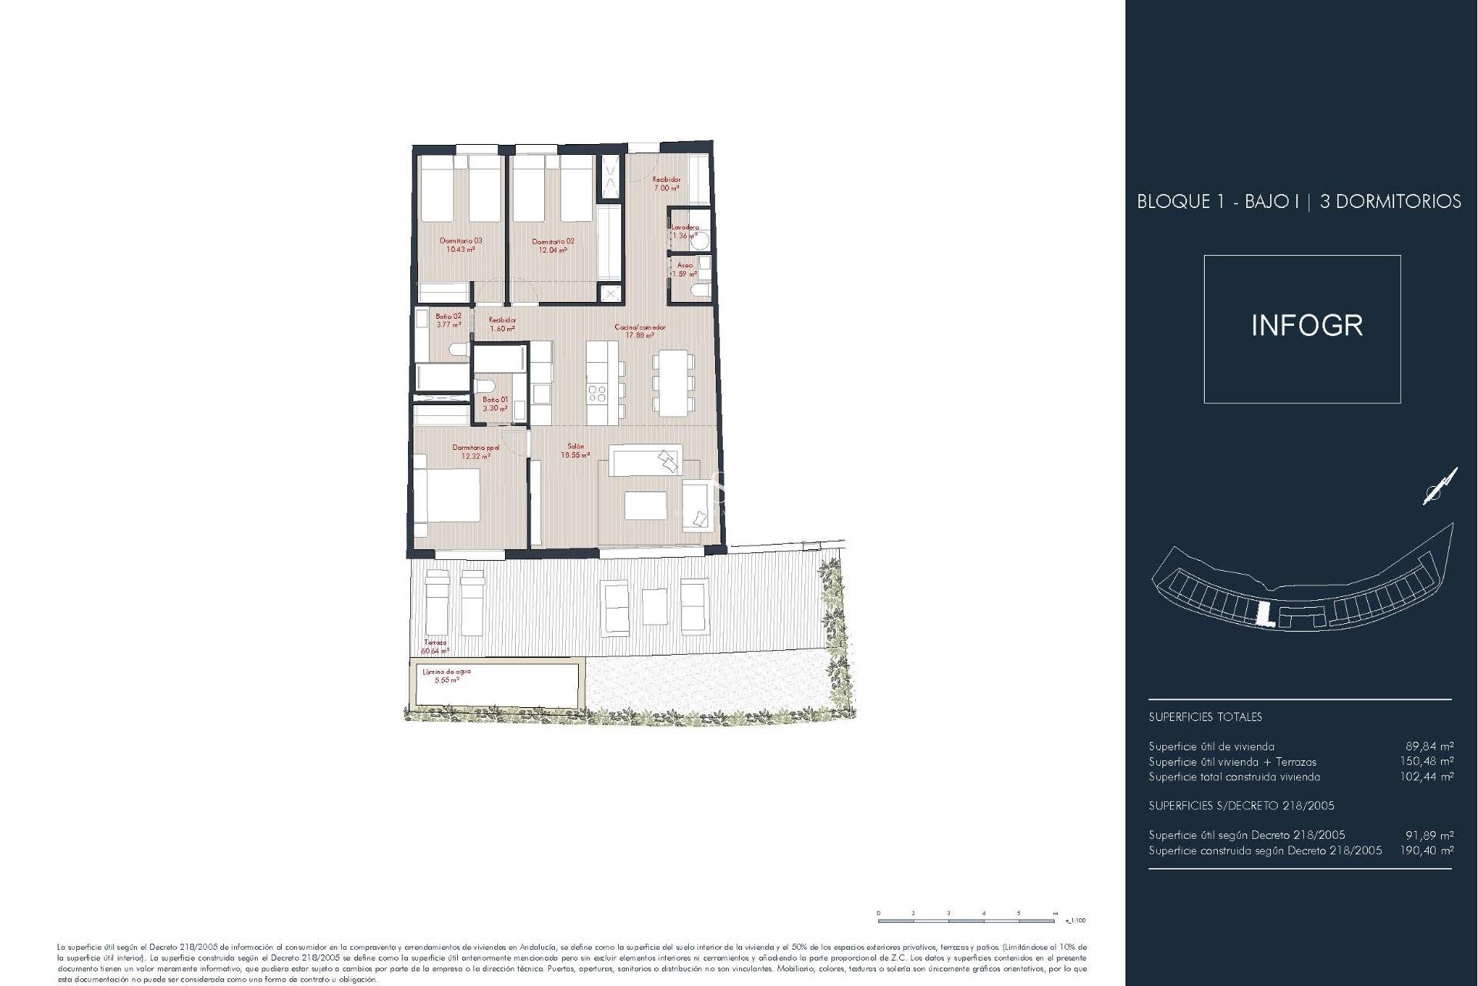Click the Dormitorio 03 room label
[x=460, y=245]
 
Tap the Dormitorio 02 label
[x=553, y=245]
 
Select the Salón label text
[x=576, y=451]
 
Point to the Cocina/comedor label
[x=640, y=331]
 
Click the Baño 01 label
[x=495, y=404]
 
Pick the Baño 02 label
[x=448, y=320]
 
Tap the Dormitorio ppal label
[x=476, y=451]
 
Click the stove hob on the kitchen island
[x=597, y=394]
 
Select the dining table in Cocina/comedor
[x=670, y=383]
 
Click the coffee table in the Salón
[x=645, y=505]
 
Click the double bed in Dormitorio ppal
[x=450, y=495]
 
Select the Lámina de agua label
[x=446, y=676]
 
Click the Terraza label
[x=435, y=646]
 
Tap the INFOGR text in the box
[x=1306, y=326]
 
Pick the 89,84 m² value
[x=1430, y=746]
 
